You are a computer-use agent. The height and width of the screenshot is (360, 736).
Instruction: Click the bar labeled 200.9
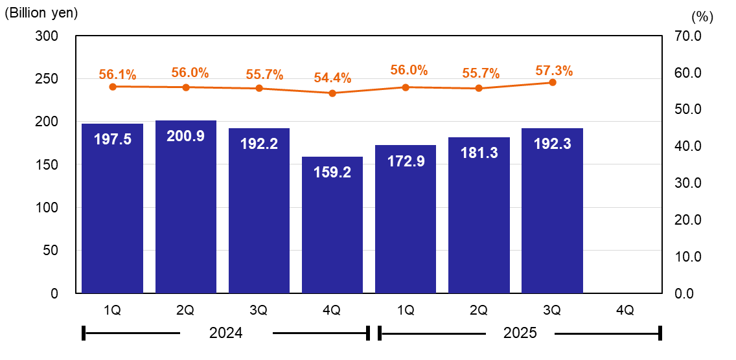click(x=186, y=207)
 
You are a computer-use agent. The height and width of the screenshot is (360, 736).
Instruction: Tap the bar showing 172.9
click(x=406, y=220)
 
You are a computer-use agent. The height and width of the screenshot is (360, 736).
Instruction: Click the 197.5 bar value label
click(x=113, y=139)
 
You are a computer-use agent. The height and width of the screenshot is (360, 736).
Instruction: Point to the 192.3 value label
click(x=552, y=144)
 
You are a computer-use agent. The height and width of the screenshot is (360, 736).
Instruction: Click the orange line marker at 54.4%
click(x=332, y=93)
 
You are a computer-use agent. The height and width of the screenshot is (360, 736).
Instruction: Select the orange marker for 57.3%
click(x=552, y=82)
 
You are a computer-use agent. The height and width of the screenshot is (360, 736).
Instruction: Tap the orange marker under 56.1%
click(x=113, y=87)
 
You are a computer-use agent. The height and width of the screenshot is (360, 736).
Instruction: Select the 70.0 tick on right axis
click(x=687, y=36)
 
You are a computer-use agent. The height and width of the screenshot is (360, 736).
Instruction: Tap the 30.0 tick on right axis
click(x=687, y=183)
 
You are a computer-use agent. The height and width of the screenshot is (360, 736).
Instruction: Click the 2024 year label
click(x=226, y=333)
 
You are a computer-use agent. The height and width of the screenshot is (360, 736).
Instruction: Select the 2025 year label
click(x=520, y=333)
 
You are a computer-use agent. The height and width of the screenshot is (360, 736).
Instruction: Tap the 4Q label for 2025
click(x=625, y=311)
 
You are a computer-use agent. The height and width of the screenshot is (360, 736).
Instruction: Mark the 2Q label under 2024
click(x=186, y=311)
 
